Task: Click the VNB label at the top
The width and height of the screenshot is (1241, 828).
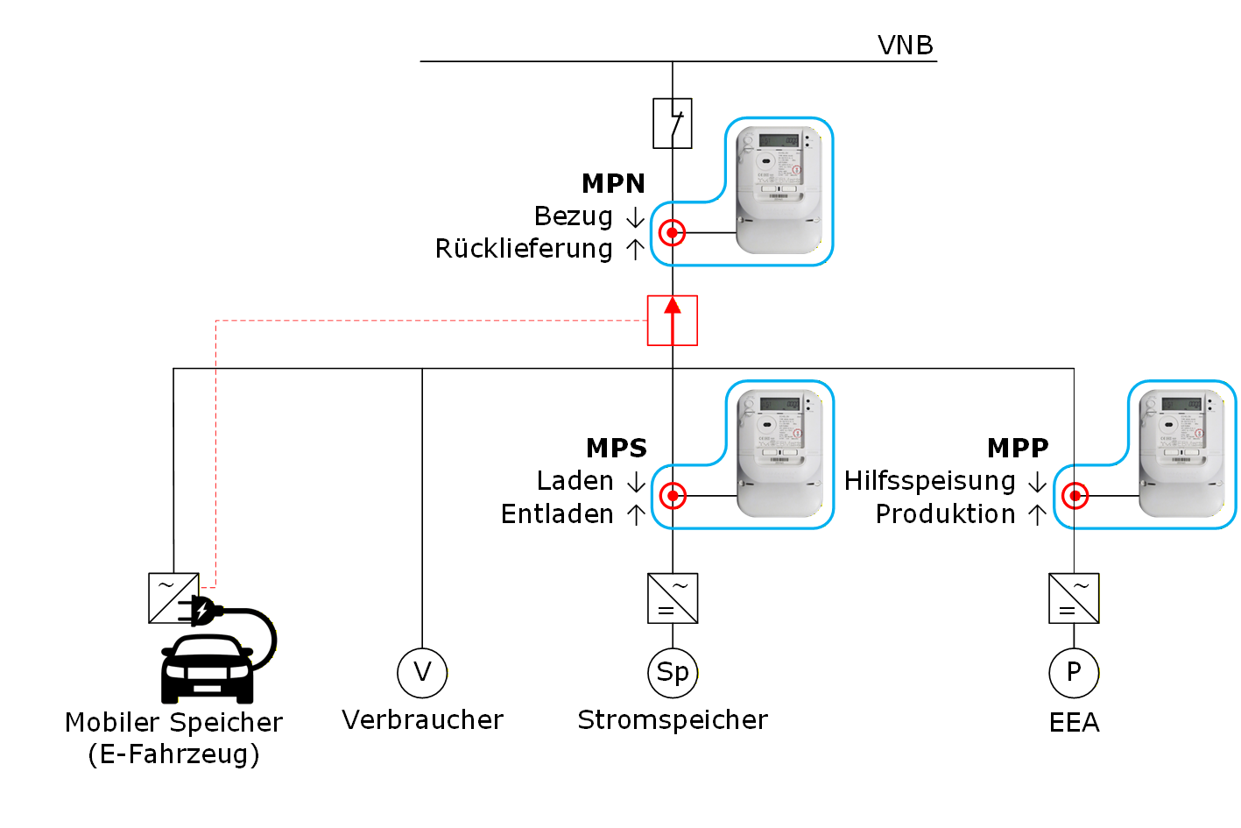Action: point(905,45)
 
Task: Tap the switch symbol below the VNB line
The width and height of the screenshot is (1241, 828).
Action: point(673,123)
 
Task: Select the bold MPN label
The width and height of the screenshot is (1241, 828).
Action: point(613,183)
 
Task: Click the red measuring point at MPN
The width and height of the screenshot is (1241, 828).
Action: point(672,233)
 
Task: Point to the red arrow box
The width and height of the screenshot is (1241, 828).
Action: point(673,321)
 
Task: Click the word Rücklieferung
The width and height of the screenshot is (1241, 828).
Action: point(524,249)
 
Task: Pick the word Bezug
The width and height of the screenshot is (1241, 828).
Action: point(573,216)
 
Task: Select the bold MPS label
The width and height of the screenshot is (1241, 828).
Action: point(616,448)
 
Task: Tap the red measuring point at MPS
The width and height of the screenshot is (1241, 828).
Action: point(672,496)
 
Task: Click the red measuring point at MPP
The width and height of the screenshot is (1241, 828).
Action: point(1075,496)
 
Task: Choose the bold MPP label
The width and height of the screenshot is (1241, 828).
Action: point(1018,448)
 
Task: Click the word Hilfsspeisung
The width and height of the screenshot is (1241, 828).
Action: point(929,481)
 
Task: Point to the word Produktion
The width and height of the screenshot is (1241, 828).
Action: point(945,514)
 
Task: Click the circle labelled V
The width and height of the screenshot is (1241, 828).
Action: point(422,673)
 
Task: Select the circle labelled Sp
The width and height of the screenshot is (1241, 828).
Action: point(673,673)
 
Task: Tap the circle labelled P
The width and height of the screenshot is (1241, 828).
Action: point(1074,673)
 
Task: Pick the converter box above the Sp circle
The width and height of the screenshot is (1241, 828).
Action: point(673,598)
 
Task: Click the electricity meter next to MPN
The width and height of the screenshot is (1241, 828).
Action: point(779,189)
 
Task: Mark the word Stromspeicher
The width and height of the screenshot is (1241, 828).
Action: point(673,720)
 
